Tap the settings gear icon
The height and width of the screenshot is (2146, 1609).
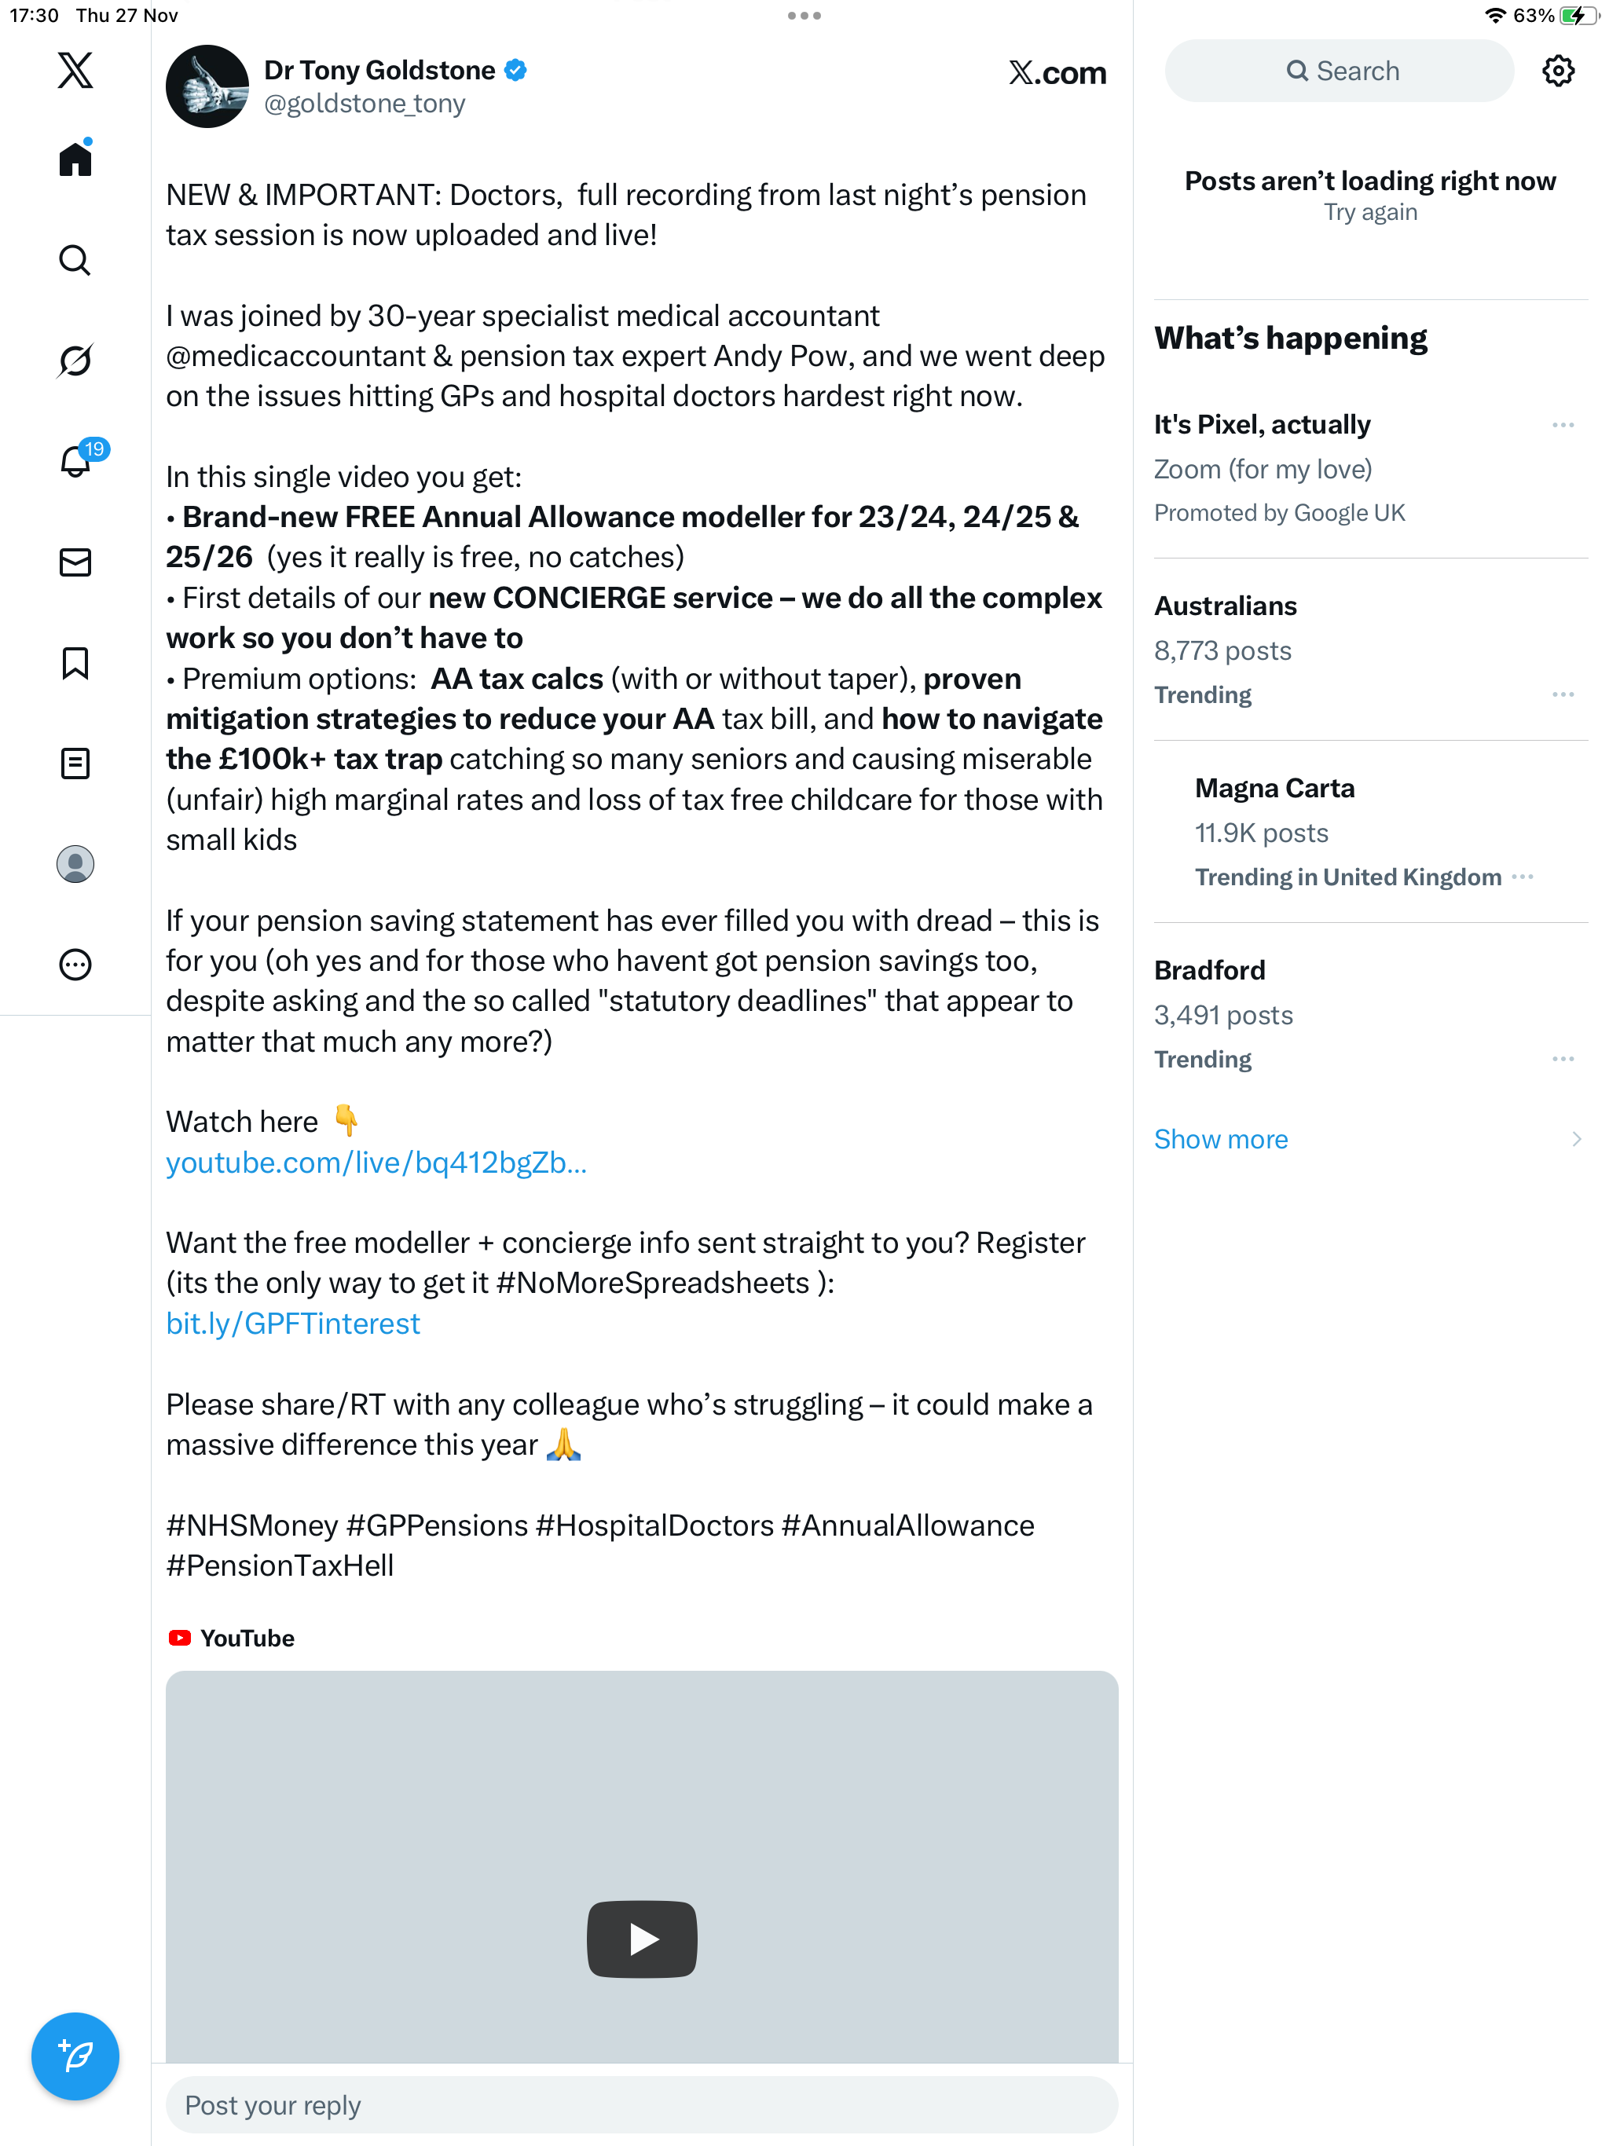1558,71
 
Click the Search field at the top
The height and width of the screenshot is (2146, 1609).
1340,71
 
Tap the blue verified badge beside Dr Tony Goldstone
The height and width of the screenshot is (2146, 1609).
516,70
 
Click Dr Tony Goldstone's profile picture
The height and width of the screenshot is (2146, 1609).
207,86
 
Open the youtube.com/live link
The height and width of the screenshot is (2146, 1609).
376,1163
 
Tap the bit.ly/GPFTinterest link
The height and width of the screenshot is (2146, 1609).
293,1324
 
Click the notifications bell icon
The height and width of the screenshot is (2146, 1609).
75,461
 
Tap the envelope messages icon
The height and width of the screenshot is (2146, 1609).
75,562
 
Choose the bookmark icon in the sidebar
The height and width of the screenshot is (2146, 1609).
75,664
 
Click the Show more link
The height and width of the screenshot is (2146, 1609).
1221,1139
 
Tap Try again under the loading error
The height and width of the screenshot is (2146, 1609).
1370,212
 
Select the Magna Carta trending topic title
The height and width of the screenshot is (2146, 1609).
1274,788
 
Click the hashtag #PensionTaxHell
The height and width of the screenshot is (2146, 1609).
280,1566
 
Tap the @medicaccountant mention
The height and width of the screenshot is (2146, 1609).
296,356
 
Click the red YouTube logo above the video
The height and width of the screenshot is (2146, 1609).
180,1638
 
